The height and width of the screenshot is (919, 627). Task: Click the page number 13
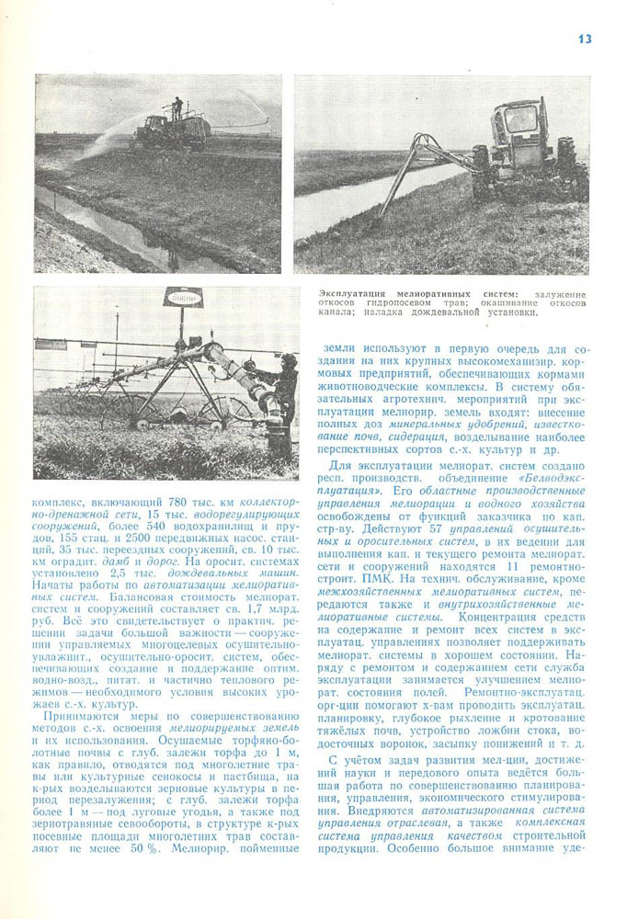[x=585, y=39]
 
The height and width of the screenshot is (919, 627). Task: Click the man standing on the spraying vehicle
[x=177, y=109]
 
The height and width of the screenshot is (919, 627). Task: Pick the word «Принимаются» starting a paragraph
[x=77, y=714]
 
